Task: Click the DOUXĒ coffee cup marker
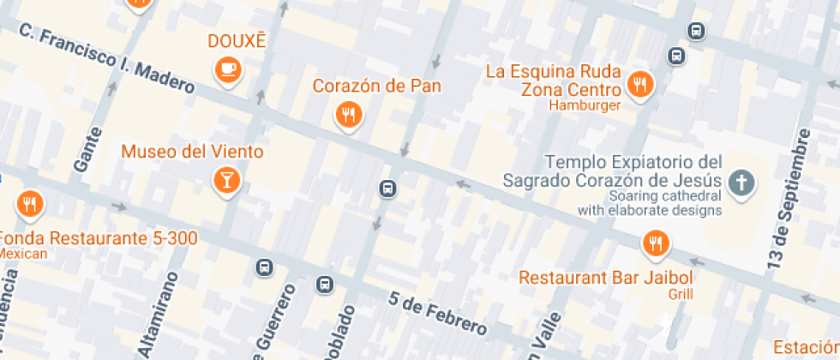click(227, 69)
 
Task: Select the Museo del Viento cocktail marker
click(227, 179)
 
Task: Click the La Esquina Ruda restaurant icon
click(639, 84)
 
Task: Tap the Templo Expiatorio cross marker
click(741, 182)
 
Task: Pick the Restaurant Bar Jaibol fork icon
click(656, 243)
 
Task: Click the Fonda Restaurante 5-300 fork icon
click(30, 204)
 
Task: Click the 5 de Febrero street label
click(437, 314)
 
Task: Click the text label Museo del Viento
click(192, 152)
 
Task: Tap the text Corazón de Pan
click(376, 86)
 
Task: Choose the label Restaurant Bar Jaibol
click(605, 278)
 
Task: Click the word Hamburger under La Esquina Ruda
click(584, 105)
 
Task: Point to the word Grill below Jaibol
click(681, 294)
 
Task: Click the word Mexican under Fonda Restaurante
click(24, 254)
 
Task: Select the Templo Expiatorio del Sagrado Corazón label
click(612, 171)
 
